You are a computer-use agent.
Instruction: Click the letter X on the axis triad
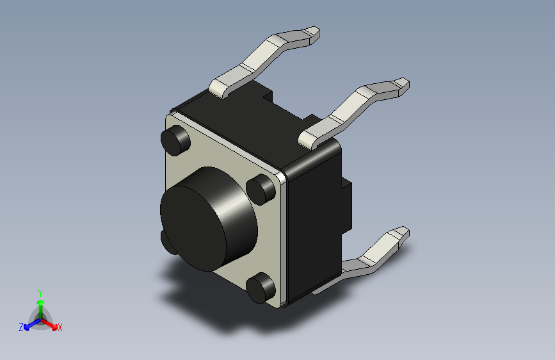pyautogui.click(x=60, y=327)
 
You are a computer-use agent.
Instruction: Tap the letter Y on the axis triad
pyautogui.click(x=40, y=292)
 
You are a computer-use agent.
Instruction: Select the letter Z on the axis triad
pyautogui.click(x=21, y=327)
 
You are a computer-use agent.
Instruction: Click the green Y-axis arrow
pyautogui.click(x=40, y=306)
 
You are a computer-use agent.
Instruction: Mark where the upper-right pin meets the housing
pyautogui.click(x=310, y=137)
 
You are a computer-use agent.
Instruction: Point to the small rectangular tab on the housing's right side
pyautogui.click(x=348, y=205)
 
